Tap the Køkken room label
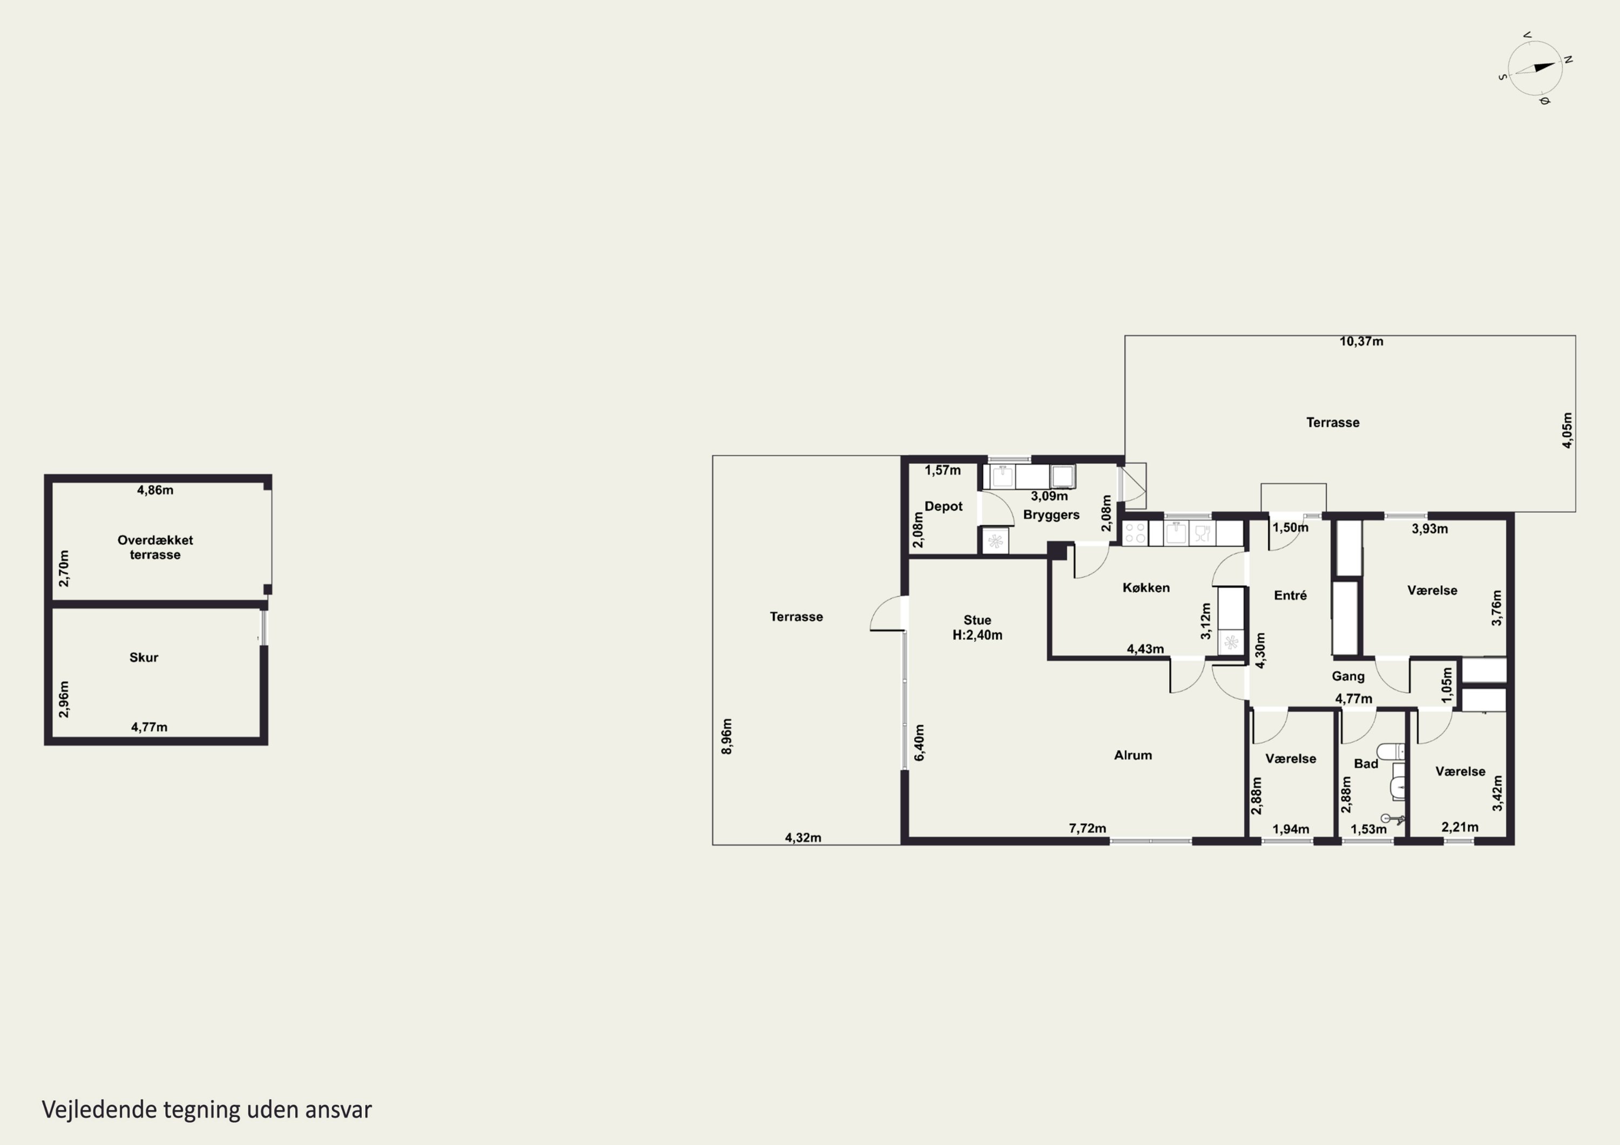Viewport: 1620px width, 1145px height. point(1146,588)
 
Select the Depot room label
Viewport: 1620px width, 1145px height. point(943,506)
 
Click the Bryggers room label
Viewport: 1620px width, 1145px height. point(1051,515)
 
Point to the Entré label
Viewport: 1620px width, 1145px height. point(1291,595)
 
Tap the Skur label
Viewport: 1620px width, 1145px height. point(144,658)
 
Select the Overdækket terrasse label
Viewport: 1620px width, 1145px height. point(155,547)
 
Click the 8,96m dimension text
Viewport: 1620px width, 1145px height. point(727,736)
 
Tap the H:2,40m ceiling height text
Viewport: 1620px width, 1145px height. point(977,635)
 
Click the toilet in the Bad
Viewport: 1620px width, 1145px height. point(1390,751)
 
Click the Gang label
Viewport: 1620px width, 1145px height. point(1348,676)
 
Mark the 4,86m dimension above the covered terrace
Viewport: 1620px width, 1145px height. point(155,490)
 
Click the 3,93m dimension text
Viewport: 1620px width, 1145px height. point(1429,529)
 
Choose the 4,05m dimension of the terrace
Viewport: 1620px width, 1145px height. point(1567,430)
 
